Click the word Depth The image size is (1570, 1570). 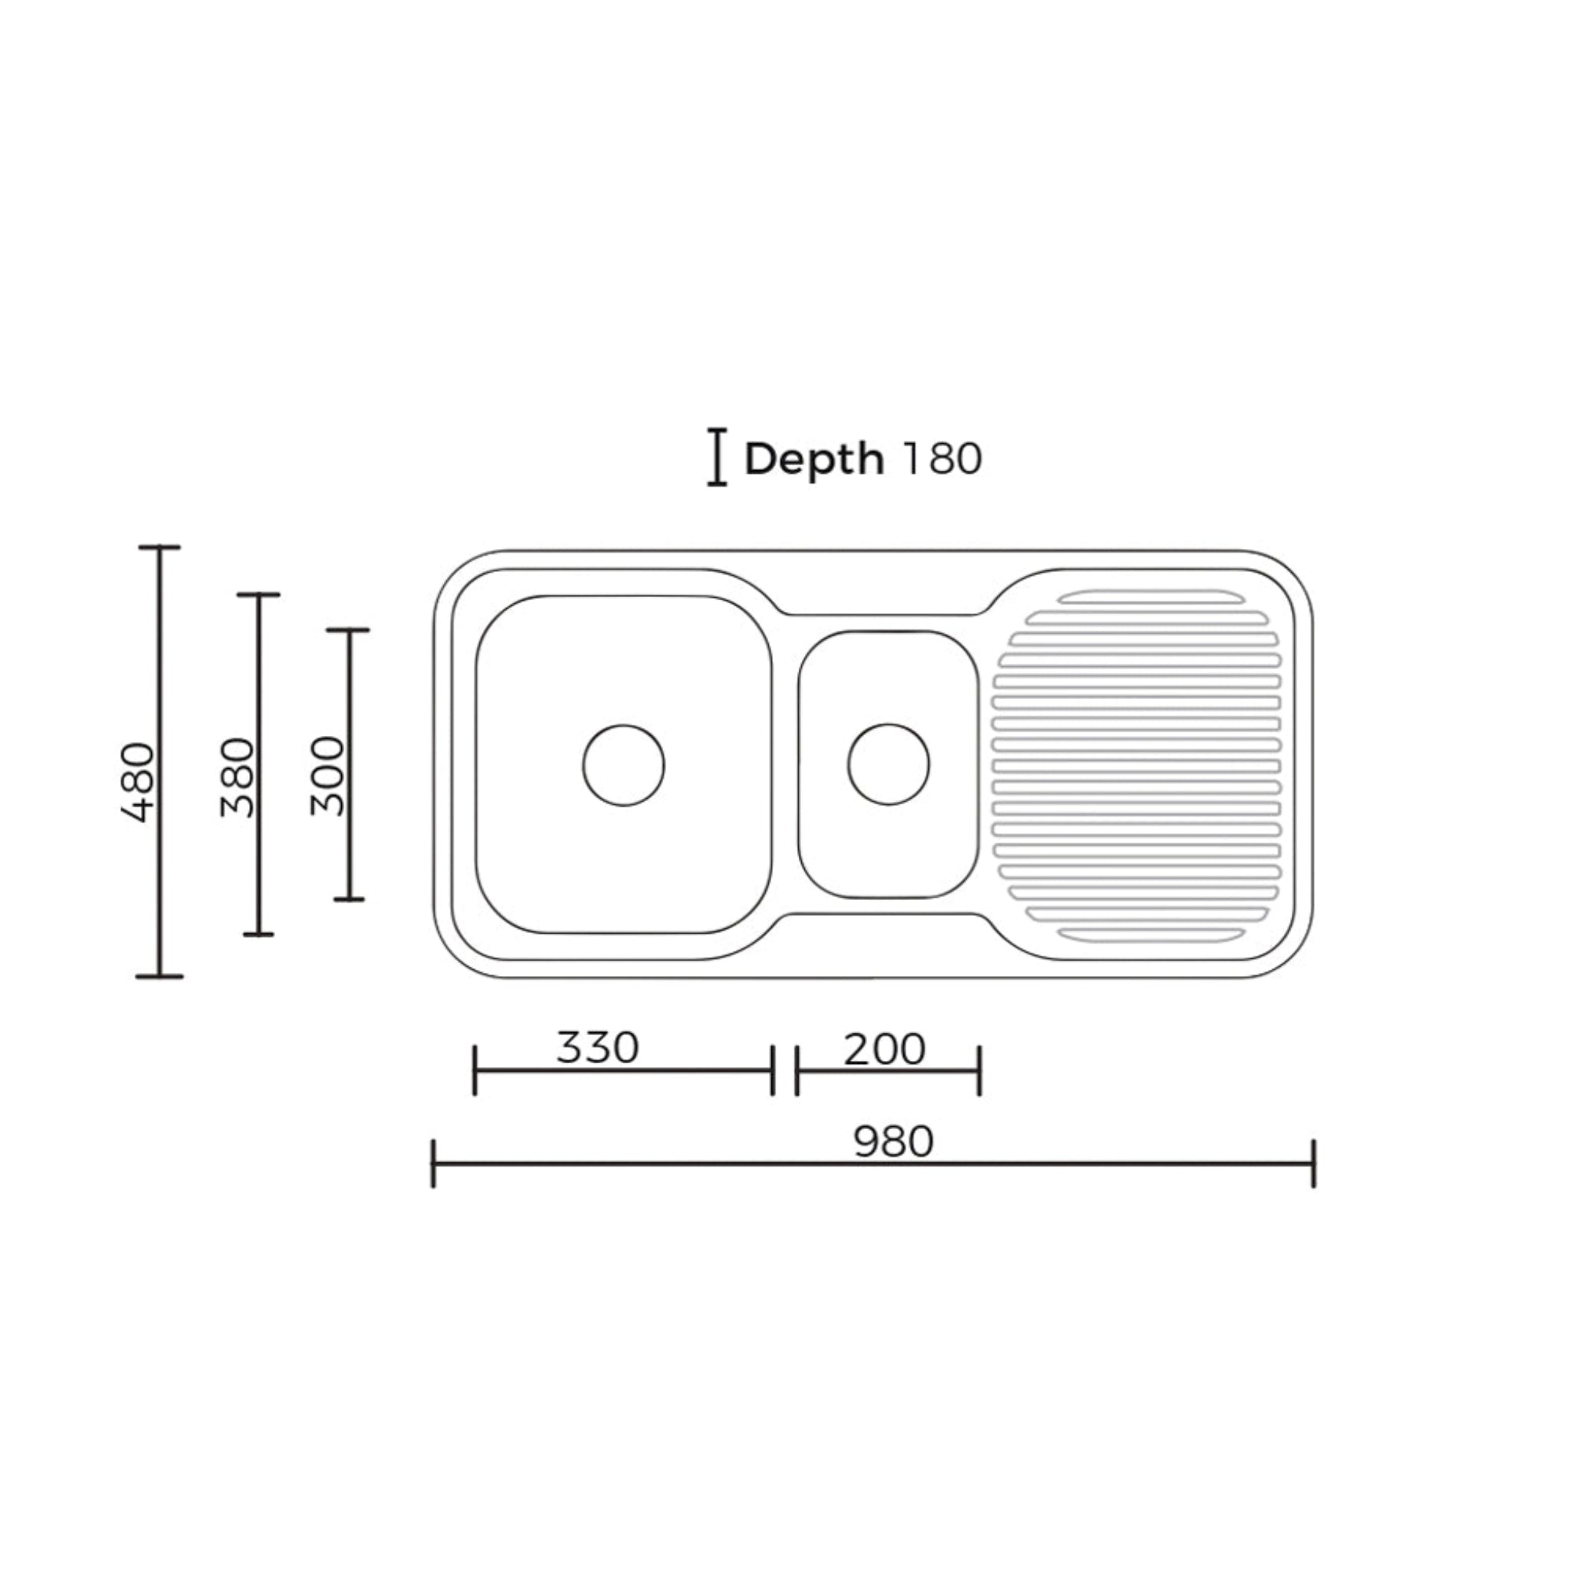tap(813, 460)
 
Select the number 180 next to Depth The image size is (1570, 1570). tap(943, 459)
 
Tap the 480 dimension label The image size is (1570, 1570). tap(137, 783)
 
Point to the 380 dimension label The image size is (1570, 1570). tap(238, 777)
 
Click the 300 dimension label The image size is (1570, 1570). tap(328, 775)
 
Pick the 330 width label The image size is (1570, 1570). tap(597, 1047)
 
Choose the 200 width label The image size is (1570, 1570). tap(884, 1049)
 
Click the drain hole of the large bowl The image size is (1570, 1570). tap(623, 766)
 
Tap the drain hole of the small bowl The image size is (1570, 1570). tap(888, 764)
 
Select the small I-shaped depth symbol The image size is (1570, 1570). tap(716, 458)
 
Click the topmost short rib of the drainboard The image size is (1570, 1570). tap(1151, 598)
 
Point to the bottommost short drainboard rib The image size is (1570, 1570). tap(1151, 934)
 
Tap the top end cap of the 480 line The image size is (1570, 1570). tap(159, 547)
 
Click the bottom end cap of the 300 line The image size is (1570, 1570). tap(350, 898)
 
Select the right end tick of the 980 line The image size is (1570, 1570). tap(1313, 1164)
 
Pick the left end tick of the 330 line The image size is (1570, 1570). tap(475, 1071)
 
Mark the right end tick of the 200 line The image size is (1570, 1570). tap(979, 1071)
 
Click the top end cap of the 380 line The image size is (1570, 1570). tap(258, 595)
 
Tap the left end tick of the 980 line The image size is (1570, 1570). tap(433, 1164)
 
